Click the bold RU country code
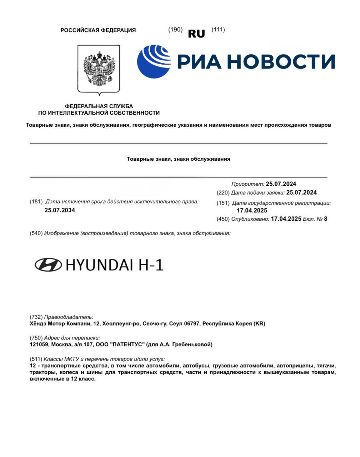(196, 34)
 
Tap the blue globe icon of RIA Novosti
(154, 61)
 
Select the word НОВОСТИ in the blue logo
(281, 61)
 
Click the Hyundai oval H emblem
(48, 265)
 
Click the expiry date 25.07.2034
(60, 210)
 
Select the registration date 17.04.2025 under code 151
(252, 211)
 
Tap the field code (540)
(36, 233)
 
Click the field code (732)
(36, 317)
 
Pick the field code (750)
(36, 337)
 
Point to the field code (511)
(36, 358)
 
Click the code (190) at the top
(175, 30)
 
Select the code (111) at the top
(218, 30)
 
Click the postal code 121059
(39, 345)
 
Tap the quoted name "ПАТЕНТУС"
(128, 345)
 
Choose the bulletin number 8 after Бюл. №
(325, 219)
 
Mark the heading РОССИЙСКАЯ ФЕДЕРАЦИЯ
(98, 30)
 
